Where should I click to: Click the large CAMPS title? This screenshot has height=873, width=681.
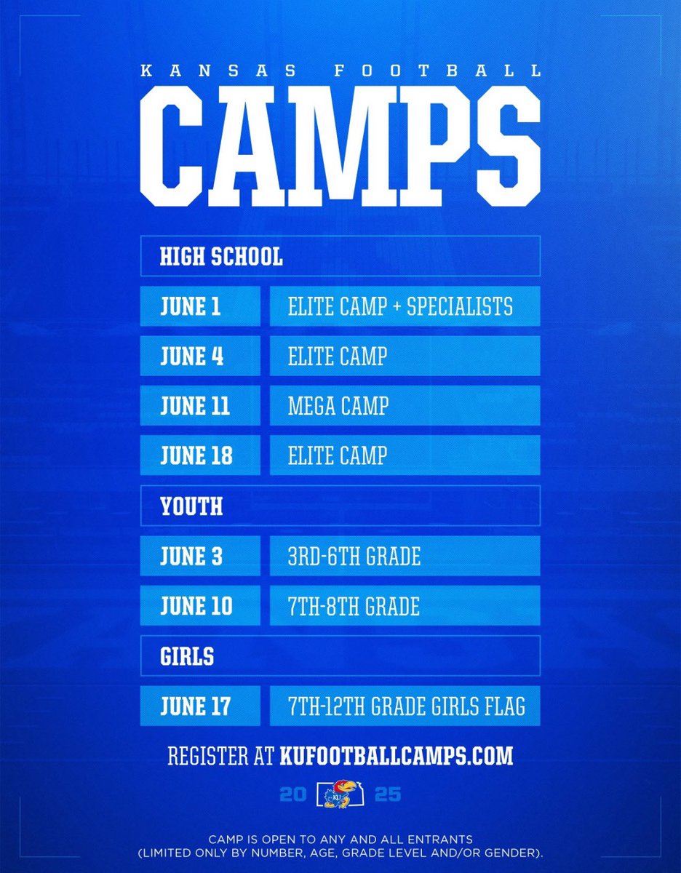340,145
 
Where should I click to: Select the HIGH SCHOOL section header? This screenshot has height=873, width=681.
340,256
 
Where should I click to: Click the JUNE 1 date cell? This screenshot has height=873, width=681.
200,306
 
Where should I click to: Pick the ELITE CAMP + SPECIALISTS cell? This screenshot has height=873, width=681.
405,306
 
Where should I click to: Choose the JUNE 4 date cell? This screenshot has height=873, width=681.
200,356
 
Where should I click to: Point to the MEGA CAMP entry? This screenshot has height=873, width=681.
405,405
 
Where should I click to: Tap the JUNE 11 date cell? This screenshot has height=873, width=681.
200,405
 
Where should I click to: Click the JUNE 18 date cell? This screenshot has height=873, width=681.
200,455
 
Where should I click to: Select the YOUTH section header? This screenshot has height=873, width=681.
340,506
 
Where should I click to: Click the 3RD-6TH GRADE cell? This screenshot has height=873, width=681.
405,556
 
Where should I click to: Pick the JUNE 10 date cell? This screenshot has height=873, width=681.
200,605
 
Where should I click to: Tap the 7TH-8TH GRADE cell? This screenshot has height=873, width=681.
405,605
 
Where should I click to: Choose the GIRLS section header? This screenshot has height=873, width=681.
340,655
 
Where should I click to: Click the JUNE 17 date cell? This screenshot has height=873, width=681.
200,705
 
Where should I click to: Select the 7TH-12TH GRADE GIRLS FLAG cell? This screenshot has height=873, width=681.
405,705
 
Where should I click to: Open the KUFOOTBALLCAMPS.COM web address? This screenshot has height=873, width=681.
396,755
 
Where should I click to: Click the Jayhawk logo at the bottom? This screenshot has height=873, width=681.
340,794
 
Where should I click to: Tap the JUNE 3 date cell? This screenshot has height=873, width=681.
200,556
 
